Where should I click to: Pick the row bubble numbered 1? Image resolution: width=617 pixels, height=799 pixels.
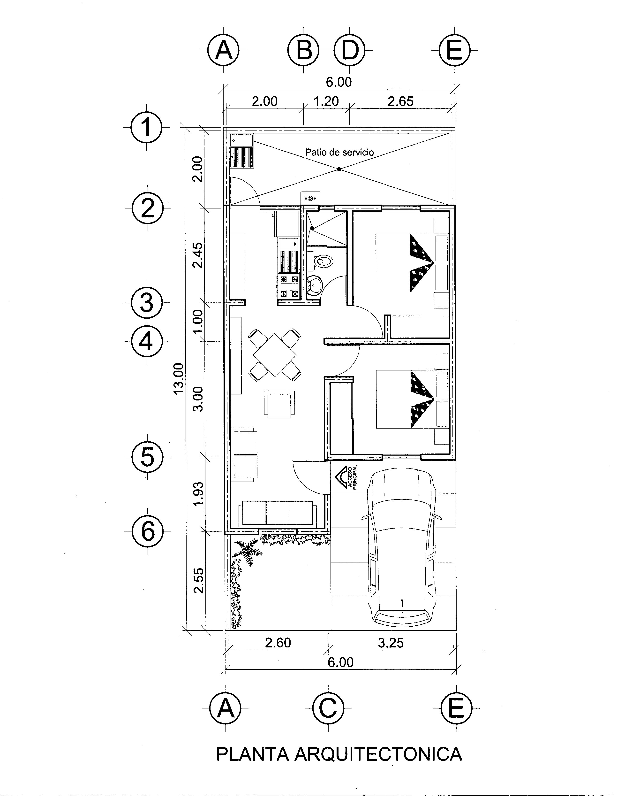point(147,127)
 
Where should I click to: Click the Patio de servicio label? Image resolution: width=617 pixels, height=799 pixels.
point(339,152)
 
